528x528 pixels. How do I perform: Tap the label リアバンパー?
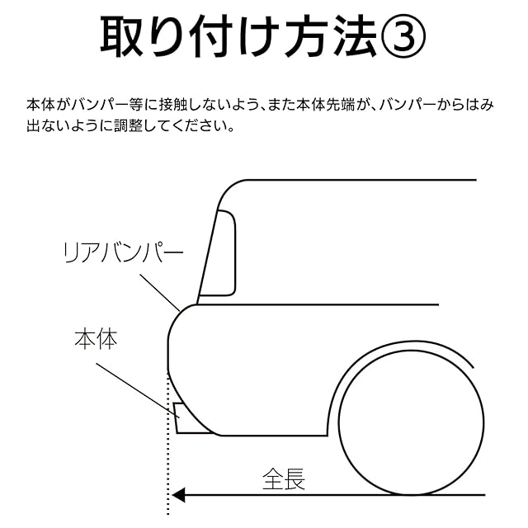124,252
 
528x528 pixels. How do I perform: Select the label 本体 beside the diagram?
96,339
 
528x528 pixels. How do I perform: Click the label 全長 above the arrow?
284,478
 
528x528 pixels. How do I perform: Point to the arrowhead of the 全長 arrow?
177,496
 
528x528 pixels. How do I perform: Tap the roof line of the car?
346,180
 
